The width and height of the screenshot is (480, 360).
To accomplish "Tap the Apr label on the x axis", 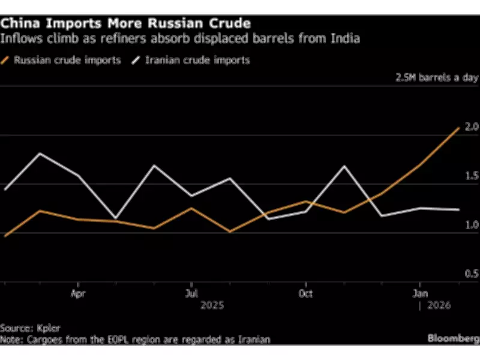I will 78,294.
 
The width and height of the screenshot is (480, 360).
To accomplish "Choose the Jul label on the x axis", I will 191,294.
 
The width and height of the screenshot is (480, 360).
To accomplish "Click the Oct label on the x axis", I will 305,294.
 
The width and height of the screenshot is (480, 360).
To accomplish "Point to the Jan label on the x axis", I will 420,294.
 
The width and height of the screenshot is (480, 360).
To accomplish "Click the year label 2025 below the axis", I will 212,305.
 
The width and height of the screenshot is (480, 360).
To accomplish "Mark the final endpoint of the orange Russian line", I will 459,128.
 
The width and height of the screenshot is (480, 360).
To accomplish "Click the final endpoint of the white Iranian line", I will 459,210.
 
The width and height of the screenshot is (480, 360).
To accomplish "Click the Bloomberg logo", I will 452,338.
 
